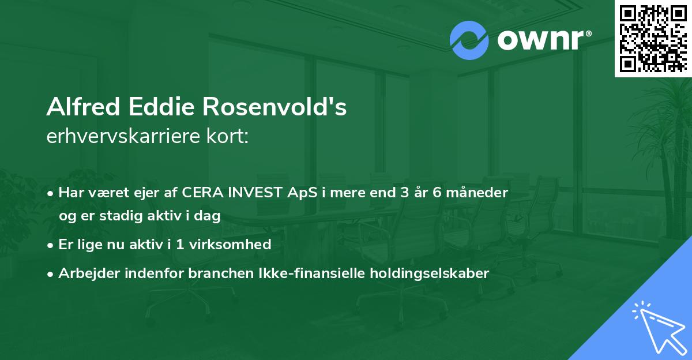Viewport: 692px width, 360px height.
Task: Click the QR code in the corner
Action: click(x=653, y=38)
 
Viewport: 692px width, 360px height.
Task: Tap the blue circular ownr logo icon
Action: click(x=469, y=40)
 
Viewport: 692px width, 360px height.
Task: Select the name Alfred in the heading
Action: click(x=83, y=107)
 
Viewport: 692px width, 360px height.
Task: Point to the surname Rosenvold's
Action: click(x=274, y=107)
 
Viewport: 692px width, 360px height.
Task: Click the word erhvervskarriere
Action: click(x=123, y=136)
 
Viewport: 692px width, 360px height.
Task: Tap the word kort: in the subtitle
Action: click(x=227, y=136)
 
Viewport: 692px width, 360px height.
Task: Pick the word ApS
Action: click(x=302, y=193)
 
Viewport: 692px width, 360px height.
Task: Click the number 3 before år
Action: click(x=405, y=193)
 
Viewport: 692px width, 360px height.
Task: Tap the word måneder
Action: click(x=477, y=193)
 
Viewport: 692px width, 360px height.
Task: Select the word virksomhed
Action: click(x=230, y=245)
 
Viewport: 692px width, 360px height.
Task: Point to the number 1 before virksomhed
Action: click(x=180, y=245)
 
